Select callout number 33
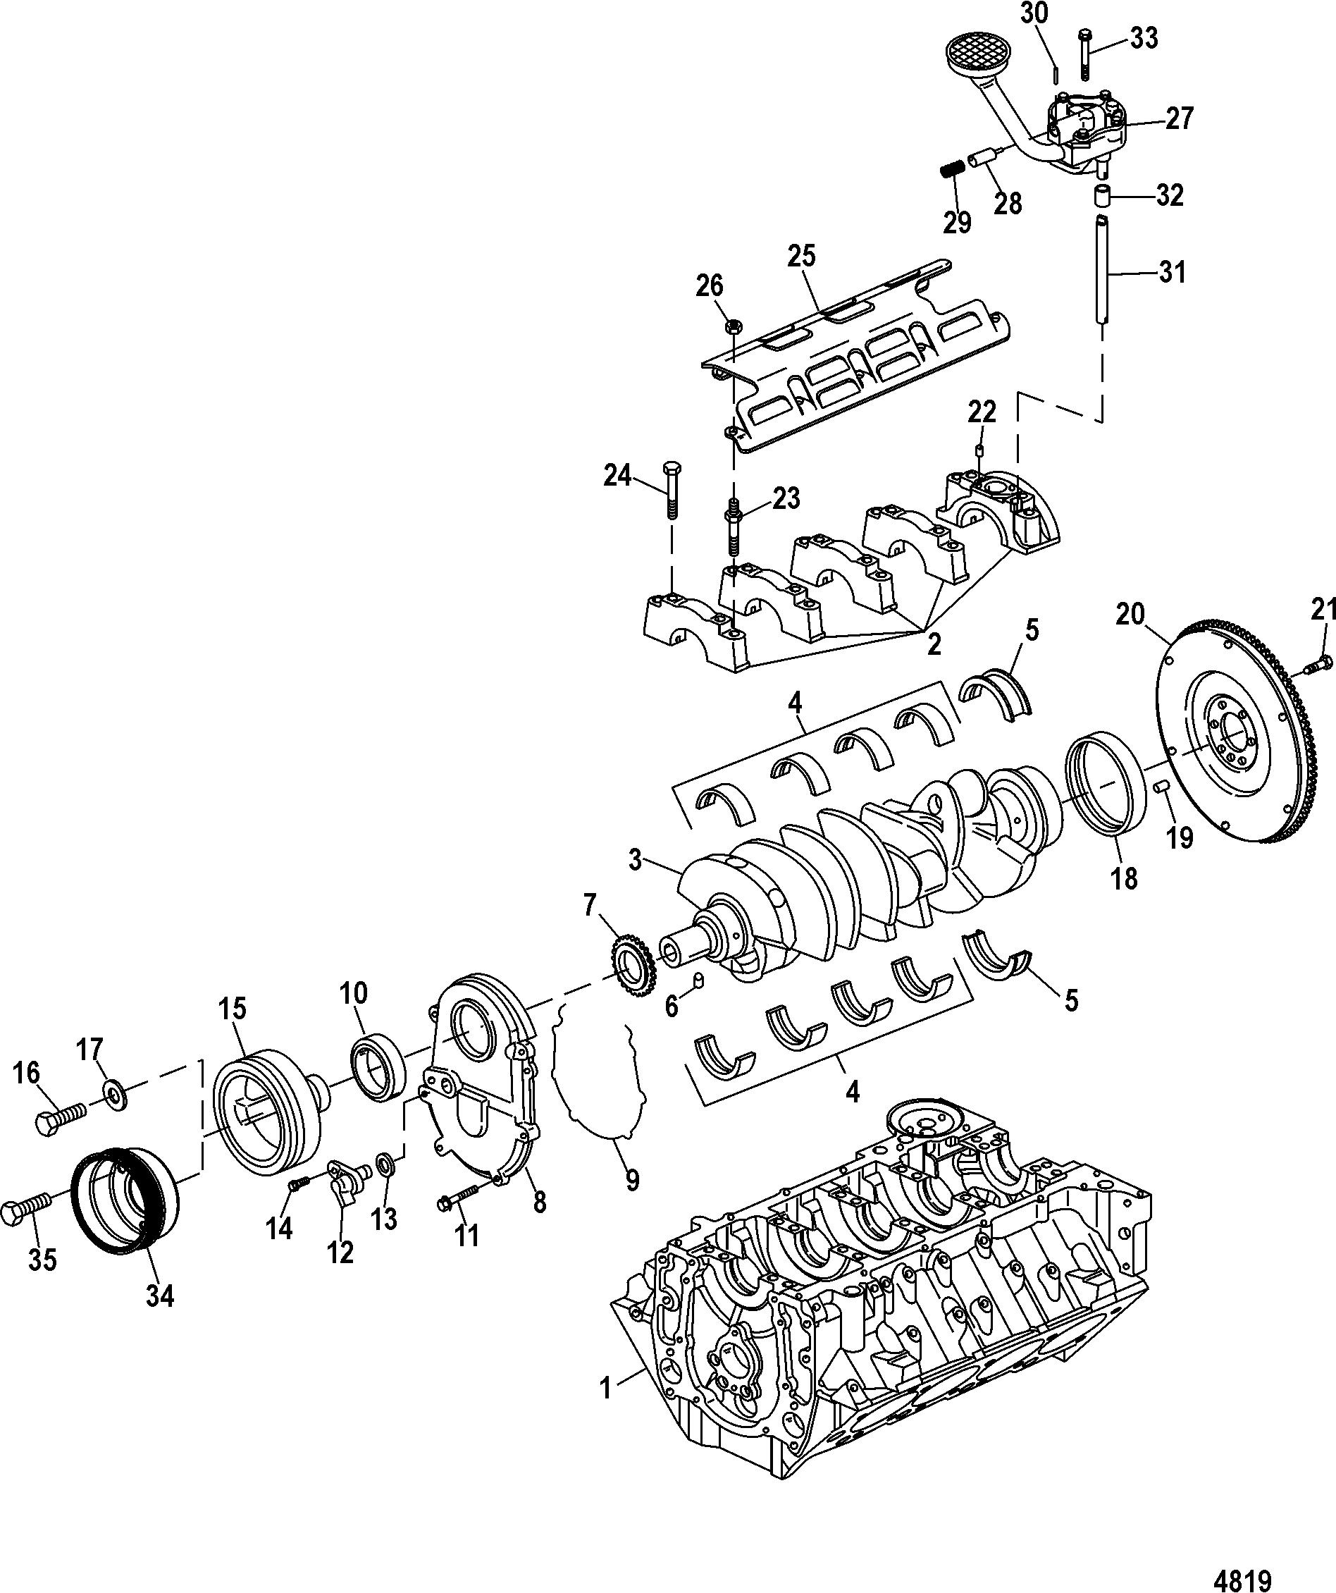1144,37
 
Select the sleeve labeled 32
1101,195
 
